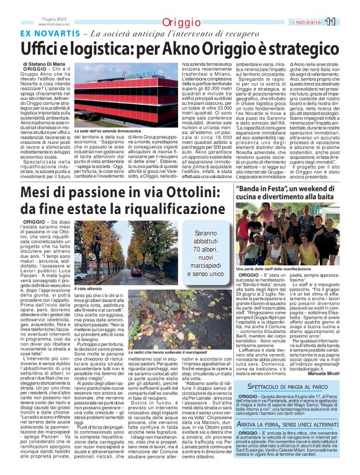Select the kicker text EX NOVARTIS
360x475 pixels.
(x=52, y=33)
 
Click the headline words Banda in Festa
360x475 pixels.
(x=262, y=188)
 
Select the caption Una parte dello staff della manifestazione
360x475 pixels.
(x=276, y=268)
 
